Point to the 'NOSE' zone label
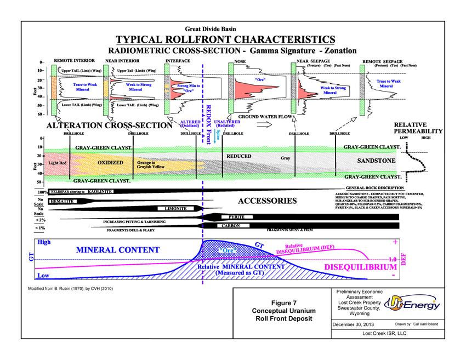pyautogui.click(x=240, y=61)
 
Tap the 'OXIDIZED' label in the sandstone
pyautogui.click(x=113, y=163)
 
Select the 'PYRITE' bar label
pyautogui.click(x=236, y=217)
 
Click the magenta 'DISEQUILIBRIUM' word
pyautogui.click(x=360, y=267)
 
